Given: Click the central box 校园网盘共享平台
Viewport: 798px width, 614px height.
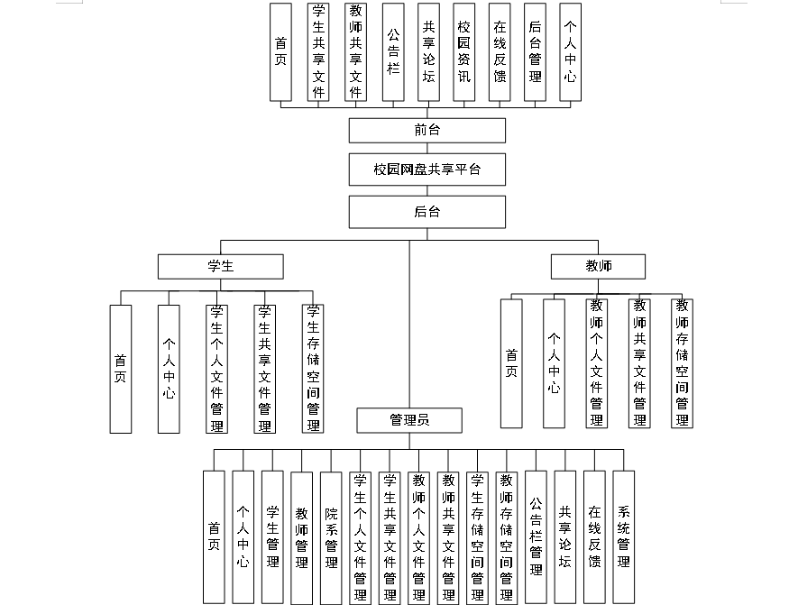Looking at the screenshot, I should point(427,170).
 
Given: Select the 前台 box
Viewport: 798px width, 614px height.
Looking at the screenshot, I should point(427,130).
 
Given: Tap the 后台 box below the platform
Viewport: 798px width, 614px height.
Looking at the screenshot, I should point(427,212).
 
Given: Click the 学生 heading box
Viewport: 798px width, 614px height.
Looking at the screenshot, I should point(220,266).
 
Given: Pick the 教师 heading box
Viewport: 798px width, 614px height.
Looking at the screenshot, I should point(598,266).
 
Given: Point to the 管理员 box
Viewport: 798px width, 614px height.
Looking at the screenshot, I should point(409,420).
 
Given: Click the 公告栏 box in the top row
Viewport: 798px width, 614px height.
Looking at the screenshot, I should point(393,51).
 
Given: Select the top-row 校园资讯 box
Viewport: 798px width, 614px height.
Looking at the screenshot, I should point(463,51).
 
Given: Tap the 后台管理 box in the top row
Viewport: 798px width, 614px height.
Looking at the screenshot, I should point(535,51).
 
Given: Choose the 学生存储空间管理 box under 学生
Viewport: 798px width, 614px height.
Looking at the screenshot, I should point(313,368).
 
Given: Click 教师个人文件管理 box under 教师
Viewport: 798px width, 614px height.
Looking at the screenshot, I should point(597,363).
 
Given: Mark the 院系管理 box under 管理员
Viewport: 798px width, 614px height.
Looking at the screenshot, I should point(331,536).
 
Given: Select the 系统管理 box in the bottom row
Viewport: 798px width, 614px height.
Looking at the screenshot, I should point(623,536).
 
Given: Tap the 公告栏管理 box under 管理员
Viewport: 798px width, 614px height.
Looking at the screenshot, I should point(536,536).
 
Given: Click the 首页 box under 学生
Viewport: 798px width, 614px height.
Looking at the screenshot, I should point(121,368).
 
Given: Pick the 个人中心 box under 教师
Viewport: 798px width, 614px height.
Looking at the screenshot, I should point(554,363).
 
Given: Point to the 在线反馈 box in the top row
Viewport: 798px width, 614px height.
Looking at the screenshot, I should point(500,51).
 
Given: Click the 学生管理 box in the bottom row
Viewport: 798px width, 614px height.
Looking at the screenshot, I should point(272,536).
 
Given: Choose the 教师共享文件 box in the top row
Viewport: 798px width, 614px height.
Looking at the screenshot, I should point(355,51).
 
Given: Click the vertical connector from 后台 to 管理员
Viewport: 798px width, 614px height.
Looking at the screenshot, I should point(409,325).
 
